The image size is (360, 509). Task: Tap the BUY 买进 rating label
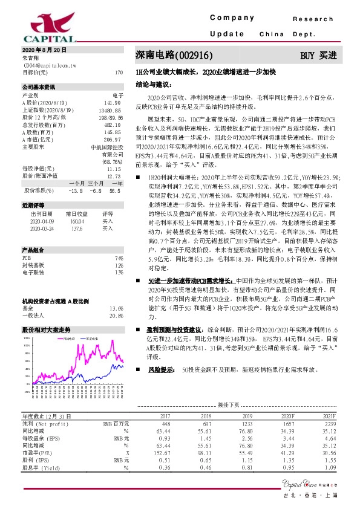318,56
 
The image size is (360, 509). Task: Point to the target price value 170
119,72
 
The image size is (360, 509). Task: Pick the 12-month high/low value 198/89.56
110,118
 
